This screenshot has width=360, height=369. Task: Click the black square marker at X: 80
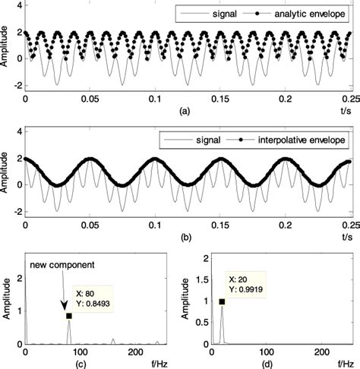(x=69, y=316)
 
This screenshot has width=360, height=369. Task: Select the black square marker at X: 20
(x=223, y=301)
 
